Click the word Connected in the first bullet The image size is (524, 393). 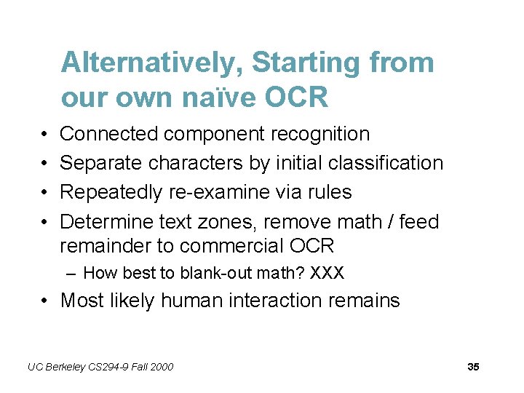(x=108, y=134)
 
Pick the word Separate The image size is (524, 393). (x=101, y=163)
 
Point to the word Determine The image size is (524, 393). (x=106, y=221)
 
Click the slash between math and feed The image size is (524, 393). (x=386, y=221)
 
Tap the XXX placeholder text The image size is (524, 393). (x=327, y=274)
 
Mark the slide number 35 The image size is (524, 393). (x=473, y=367)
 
